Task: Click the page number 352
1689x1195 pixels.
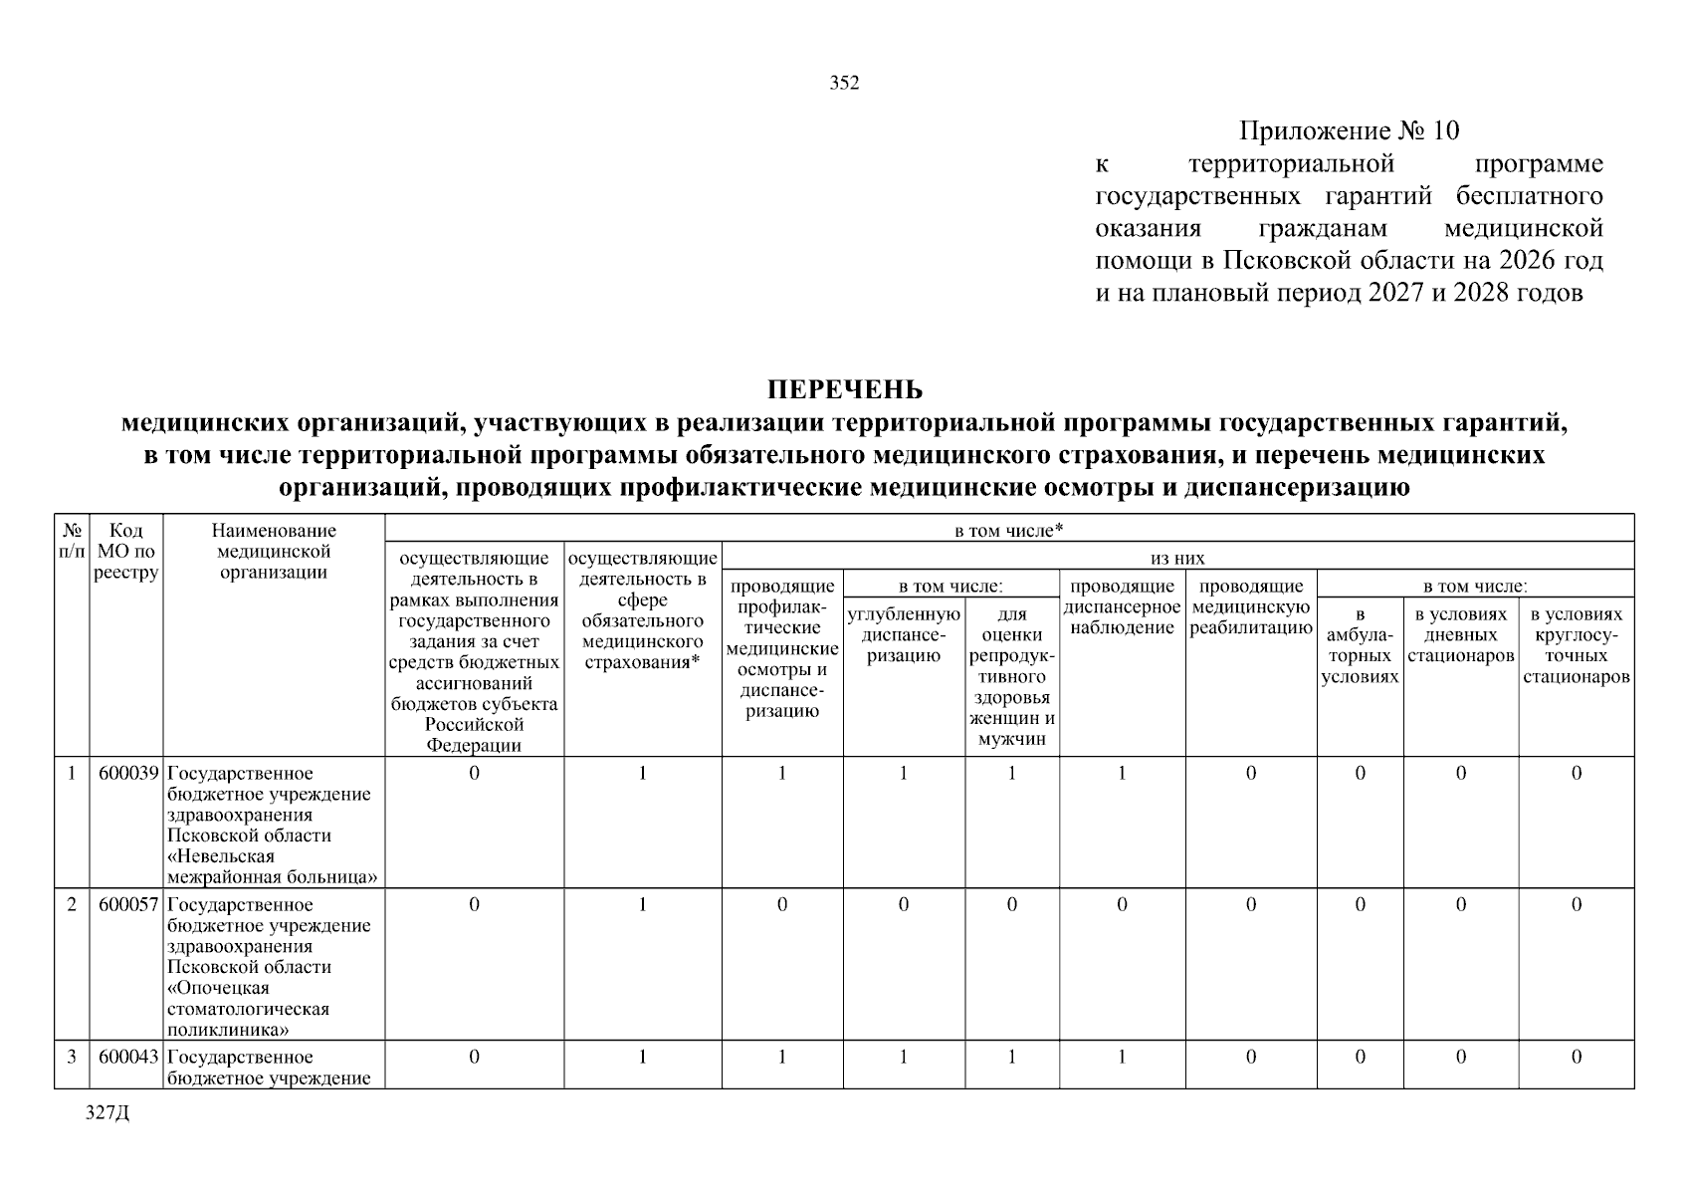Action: point(844,84)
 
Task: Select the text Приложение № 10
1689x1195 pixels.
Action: point(1349,131)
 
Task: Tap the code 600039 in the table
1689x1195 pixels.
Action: point(127,774)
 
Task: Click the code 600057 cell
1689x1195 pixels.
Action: point(127,905)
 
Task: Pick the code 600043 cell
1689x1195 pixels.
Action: point(127,1058)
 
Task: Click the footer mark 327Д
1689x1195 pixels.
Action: point(107,1113)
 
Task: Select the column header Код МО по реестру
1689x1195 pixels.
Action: point(126,552)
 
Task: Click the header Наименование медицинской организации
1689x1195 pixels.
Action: point(274,552)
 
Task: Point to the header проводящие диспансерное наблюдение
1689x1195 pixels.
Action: point(1122,607)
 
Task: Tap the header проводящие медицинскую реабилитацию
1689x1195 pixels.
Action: point(1251,607)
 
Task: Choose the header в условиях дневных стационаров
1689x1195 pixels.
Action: point(1460,635)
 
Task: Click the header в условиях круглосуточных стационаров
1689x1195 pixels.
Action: point(1576,646)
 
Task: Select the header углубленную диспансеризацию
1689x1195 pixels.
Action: point(903,635)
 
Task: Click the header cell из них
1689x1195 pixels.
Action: point(1177,559)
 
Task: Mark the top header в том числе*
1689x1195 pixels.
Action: point(1008,531)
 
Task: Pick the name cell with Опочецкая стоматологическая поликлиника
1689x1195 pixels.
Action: point(274,967)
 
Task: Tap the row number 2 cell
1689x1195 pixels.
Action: point(72,905)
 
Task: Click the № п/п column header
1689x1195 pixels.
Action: point(72,541)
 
